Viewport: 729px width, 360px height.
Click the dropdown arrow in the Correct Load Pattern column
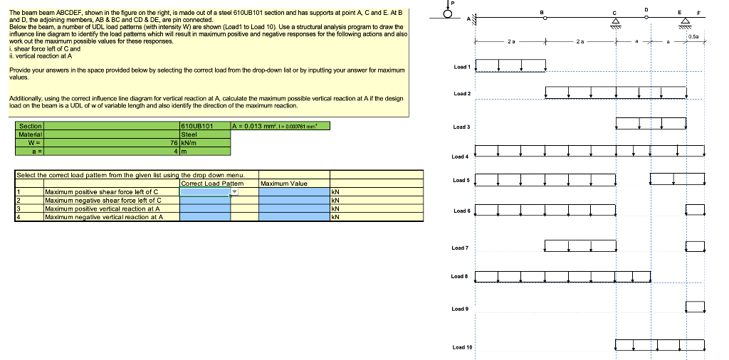(234, 191)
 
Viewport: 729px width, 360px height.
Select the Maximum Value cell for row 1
(293, 191)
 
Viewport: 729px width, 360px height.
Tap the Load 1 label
(461, 67)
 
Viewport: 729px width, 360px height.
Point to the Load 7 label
(461, 248)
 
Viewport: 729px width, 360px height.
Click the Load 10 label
(462, 347)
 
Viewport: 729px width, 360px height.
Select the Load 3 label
(461, 127)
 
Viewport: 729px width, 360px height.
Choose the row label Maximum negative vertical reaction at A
(103, 217)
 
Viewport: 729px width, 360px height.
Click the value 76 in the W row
(174, 142)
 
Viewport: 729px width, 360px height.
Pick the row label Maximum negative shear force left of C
(102, 200)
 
